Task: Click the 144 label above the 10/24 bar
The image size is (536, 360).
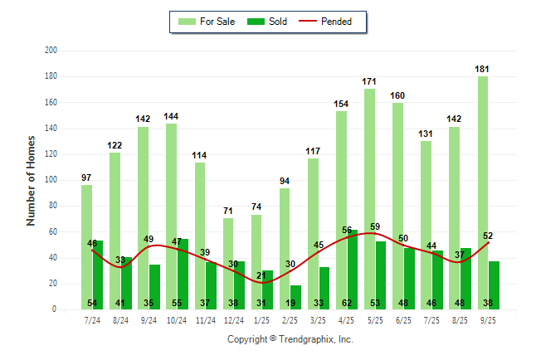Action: click(172, 116)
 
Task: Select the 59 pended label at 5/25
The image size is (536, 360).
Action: click(375, 226)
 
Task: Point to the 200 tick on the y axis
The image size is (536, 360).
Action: click(51, 51)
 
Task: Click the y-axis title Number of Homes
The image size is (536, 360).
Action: click(32, 180)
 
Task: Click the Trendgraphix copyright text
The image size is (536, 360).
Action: click(290, 339)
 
